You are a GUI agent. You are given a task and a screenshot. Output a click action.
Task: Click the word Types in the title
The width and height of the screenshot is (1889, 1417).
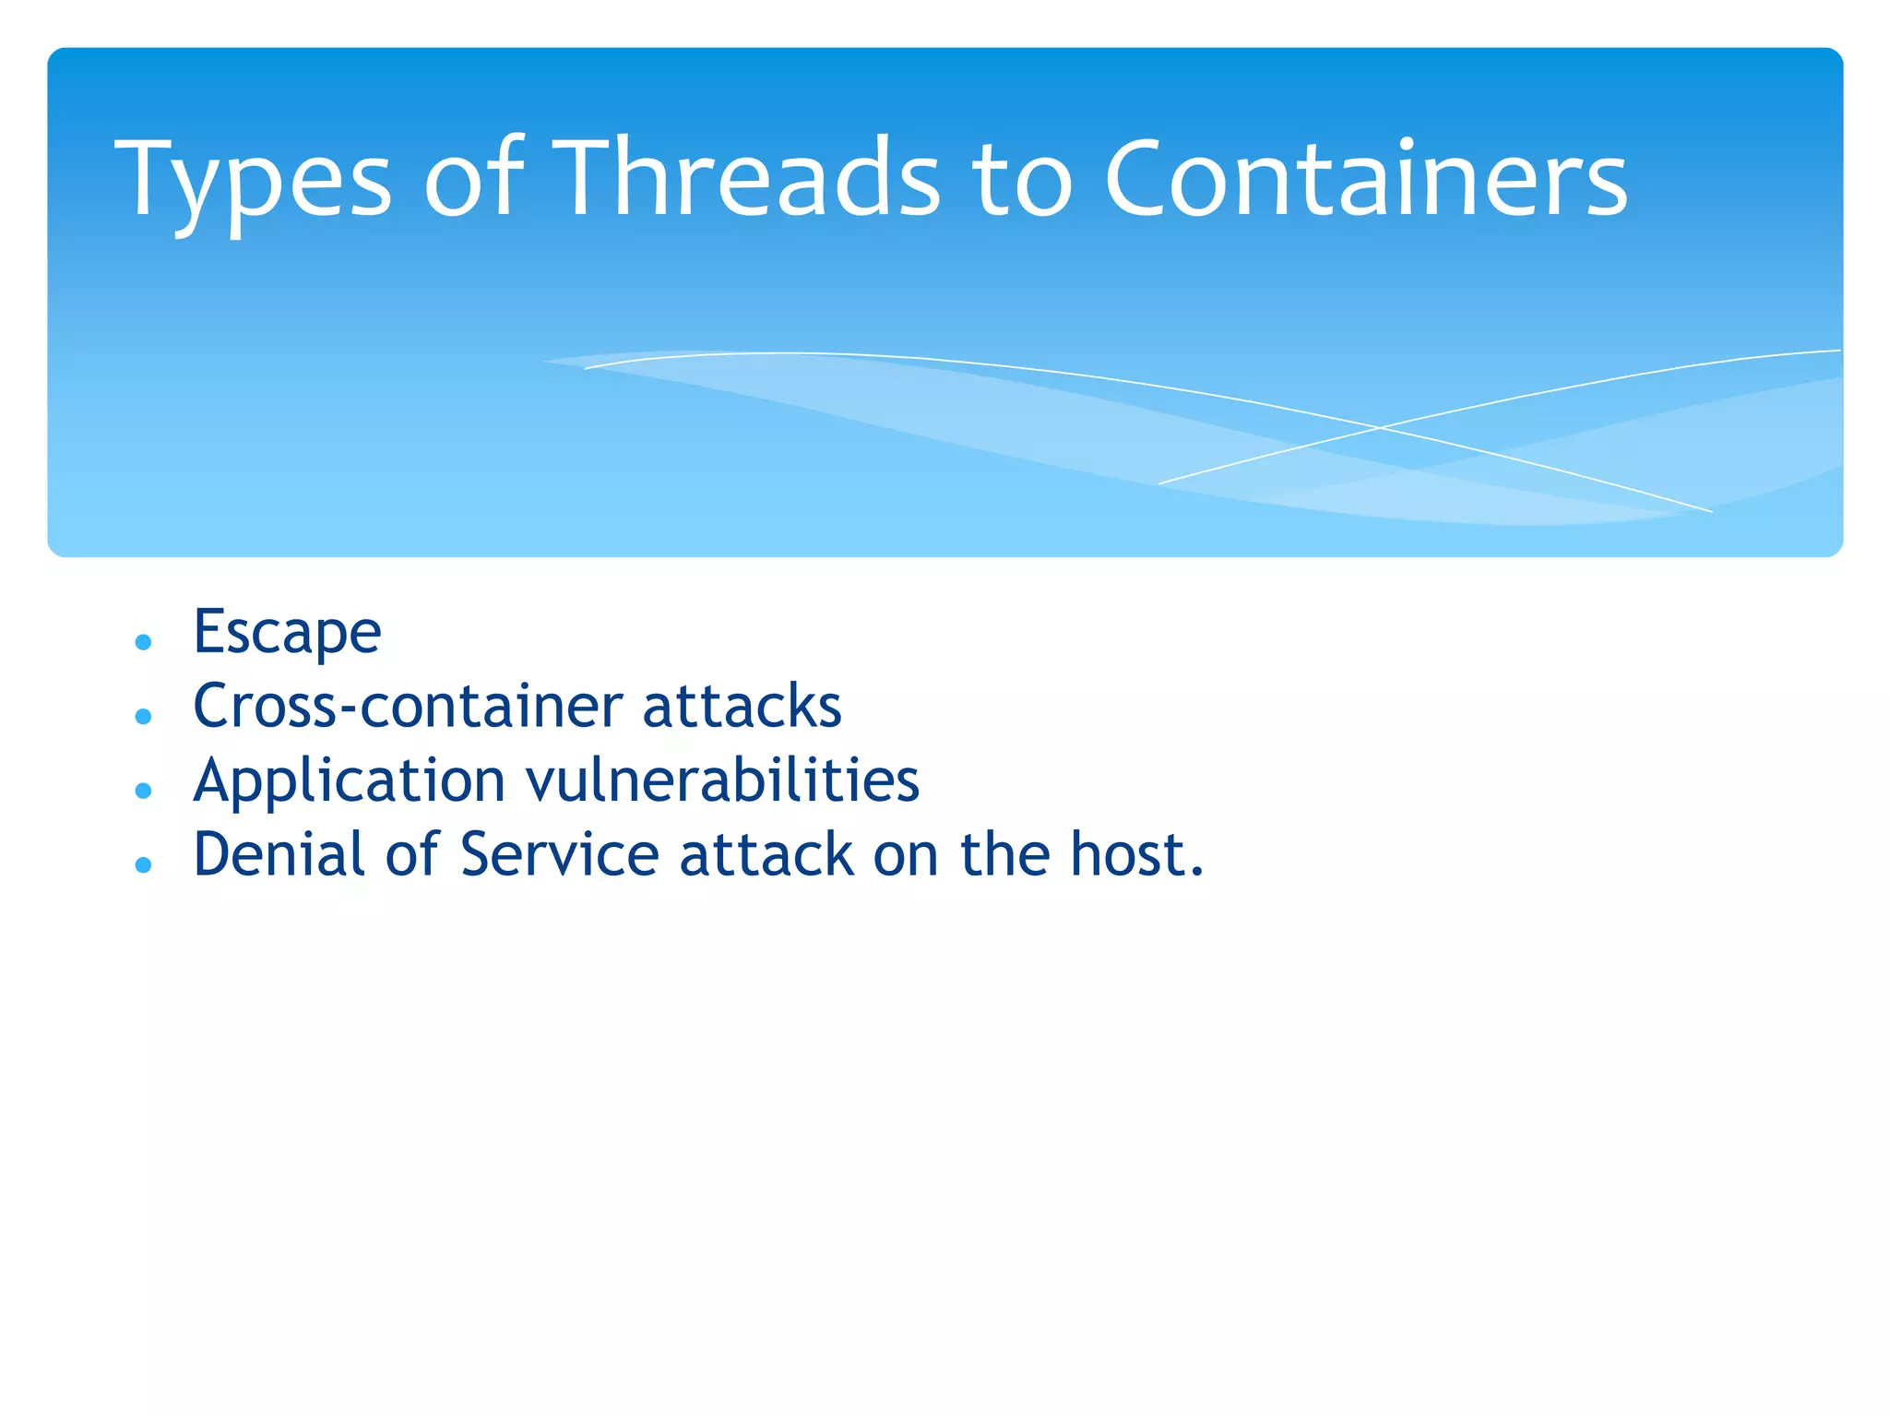254,180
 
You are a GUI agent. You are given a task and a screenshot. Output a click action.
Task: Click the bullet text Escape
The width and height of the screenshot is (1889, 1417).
287,634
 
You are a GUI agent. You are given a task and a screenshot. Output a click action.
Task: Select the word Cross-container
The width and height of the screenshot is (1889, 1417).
407,707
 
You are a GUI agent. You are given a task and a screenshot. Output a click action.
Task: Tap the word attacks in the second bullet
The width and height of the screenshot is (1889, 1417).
742,707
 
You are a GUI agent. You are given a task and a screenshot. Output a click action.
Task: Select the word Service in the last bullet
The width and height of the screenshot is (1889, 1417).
559,854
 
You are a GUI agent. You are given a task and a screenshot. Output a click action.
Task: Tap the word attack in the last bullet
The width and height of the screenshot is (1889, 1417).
766,854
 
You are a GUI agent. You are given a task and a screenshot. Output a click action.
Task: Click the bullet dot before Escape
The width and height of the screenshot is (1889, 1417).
143,642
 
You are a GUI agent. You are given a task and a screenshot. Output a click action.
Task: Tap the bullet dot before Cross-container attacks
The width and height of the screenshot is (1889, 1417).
143,716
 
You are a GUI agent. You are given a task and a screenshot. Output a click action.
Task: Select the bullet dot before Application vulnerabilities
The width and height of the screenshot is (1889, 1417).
143,791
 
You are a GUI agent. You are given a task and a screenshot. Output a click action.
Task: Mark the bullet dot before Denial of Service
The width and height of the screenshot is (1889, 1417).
143,864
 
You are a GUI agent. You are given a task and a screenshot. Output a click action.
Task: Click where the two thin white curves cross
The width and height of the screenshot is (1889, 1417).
1379,428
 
